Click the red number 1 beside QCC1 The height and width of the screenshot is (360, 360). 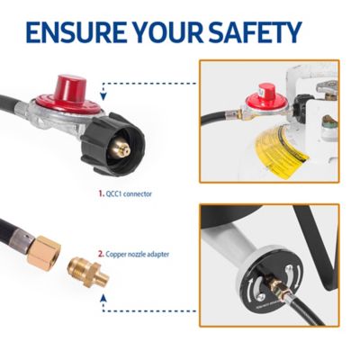pyautogui.click(x=100, y=192)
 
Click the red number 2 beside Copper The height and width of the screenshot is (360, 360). pyautogui.click(x=101, y=254)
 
